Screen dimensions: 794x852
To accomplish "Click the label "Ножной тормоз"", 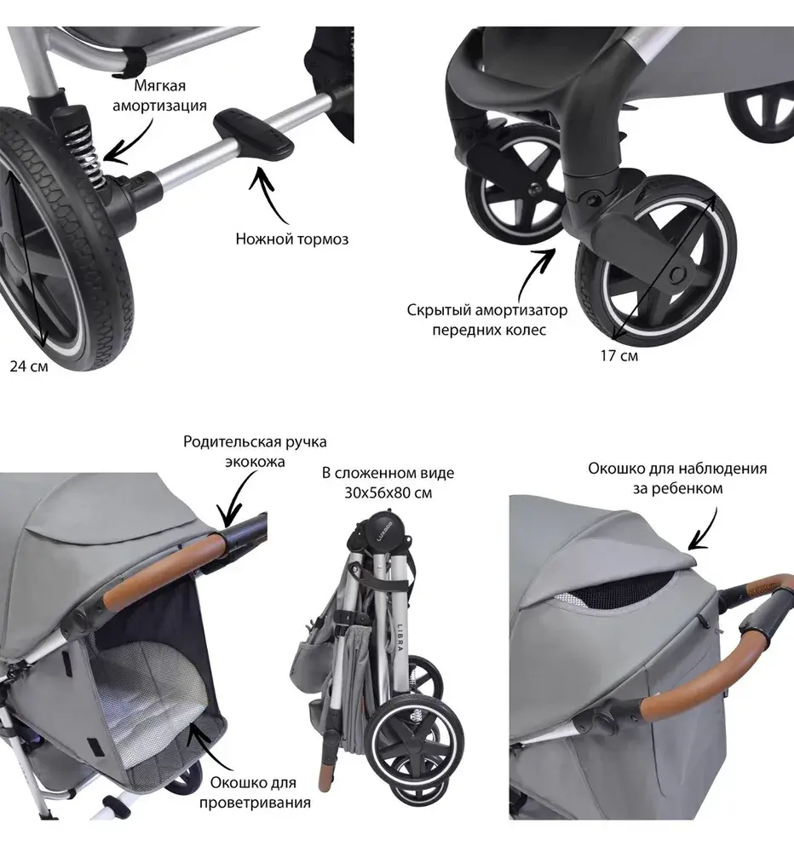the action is coord(292,239).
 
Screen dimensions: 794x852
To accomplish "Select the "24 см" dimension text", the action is coord(29,366).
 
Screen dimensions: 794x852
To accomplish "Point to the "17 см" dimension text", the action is coord(619,355).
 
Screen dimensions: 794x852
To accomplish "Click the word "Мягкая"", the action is coord(159,86).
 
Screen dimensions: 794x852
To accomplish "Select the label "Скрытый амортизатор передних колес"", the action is coord(475,320).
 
